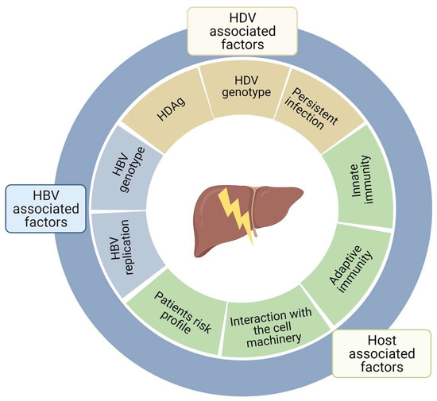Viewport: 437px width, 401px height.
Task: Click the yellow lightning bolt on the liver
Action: click(x=236, y=213)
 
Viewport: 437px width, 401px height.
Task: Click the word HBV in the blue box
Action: click(x=46, y=195)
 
